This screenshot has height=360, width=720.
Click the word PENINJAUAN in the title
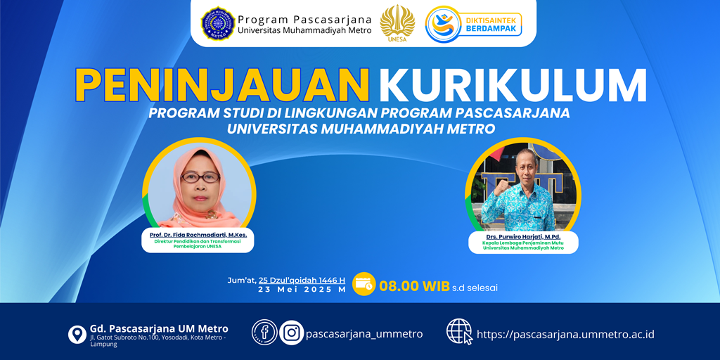pyautogui.click(x=223, y=84)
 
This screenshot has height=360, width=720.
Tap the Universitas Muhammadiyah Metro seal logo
pyautogui.click(x=218, y=23)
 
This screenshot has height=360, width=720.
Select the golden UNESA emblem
pyautogui.click(x=397, y=23)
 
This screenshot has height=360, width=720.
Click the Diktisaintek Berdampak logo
pyautogui.click(x=473, y=24)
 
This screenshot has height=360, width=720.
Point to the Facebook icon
pyautogui.click(x=264, y=333)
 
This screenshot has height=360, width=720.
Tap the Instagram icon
pyautogui.click(x=292, y=333)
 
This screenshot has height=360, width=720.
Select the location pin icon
pyautogui.click(x=77, y=334)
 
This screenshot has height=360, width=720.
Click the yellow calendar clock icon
pyautogui.click(x=364, y=284)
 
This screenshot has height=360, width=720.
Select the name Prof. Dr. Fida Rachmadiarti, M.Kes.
pyautogui.click(x=198, y=235)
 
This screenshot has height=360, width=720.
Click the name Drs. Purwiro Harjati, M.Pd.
pyautogui.click(x=523, y=237)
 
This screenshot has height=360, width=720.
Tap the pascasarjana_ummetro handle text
pyautogui.click(x=364, y=334)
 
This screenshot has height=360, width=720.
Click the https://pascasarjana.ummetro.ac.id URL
pyautogui.click(x=565, y=334)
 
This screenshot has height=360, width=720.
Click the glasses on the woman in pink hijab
pyautogui.click(x=200, y=176)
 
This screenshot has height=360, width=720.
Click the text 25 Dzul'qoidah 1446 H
pyautogui.click(x=302, y=280)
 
